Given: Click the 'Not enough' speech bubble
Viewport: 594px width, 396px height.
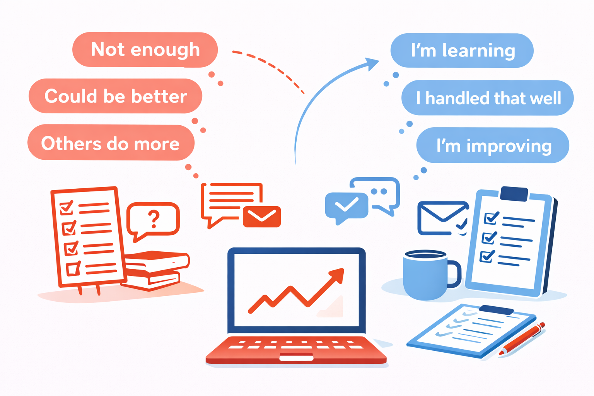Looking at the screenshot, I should coord(145,49).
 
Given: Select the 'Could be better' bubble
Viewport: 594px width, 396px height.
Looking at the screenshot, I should coord(115,96).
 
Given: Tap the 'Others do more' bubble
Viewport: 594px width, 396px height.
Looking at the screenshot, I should coord(111,143).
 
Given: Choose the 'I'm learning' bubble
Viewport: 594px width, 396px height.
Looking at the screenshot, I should coord(462,51).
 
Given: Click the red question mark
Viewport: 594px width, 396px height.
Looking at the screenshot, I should coord(154,218).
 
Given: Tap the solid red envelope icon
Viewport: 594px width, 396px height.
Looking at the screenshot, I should coord(262,217).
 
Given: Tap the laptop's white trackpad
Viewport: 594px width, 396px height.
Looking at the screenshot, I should coord(296,357).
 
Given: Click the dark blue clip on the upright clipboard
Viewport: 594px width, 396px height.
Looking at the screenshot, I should coord(514,194).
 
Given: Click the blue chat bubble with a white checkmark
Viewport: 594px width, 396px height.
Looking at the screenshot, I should coord(346,206).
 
